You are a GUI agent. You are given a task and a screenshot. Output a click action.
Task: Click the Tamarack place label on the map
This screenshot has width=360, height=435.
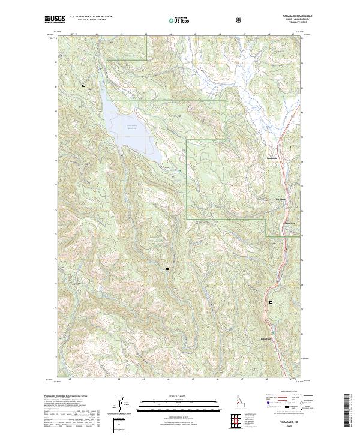272,158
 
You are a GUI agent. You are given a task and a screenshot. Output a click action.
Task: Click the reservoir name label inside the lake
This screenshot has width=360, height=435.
131,125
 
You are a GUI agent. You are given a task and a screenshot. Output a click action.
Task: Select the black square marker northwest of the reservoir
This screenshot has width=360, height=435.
83,86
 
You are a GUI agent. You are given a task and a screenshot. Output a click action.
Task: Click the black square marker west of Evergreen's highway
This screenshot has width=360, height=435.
270,302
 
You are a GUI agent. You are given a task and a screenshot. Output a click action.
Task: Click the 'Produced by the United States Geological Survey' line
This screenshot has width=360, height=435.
66,397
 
